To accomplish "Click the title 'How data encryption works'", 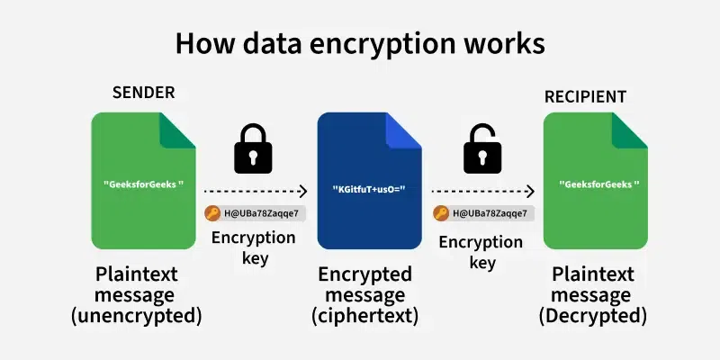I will coord(360,43).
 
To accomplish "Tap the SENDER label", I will coord(143,93).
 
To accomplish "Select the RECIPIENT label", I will coord(585,96).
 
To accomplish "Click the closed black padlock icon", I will coord(253,148).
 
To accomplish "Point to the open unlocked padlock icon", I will coord(482,148).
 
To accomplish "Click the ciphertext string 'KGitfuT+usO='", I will coord(370,190).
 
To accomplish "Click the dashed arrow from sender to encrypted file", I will coord(256,191).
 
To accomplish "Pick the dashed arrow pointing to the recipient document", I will coord(483,191).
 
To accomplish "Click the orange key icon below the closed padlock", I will coord(212,213).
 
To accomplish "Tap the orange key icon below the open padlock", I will coord(441,213).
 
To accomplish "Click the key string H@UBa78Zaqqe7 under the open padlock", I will coord(490,213).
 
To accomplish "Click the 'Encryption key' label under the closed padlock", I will coord(253,247).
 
